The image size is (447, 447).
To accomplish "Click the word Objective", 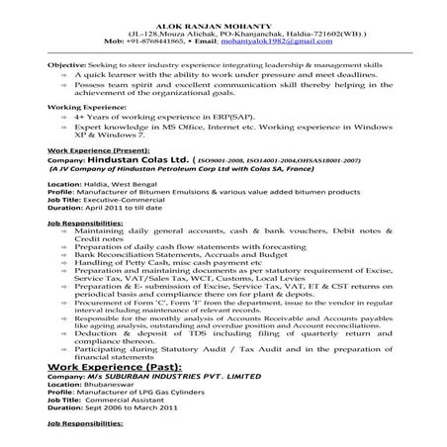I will point(66,64).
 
